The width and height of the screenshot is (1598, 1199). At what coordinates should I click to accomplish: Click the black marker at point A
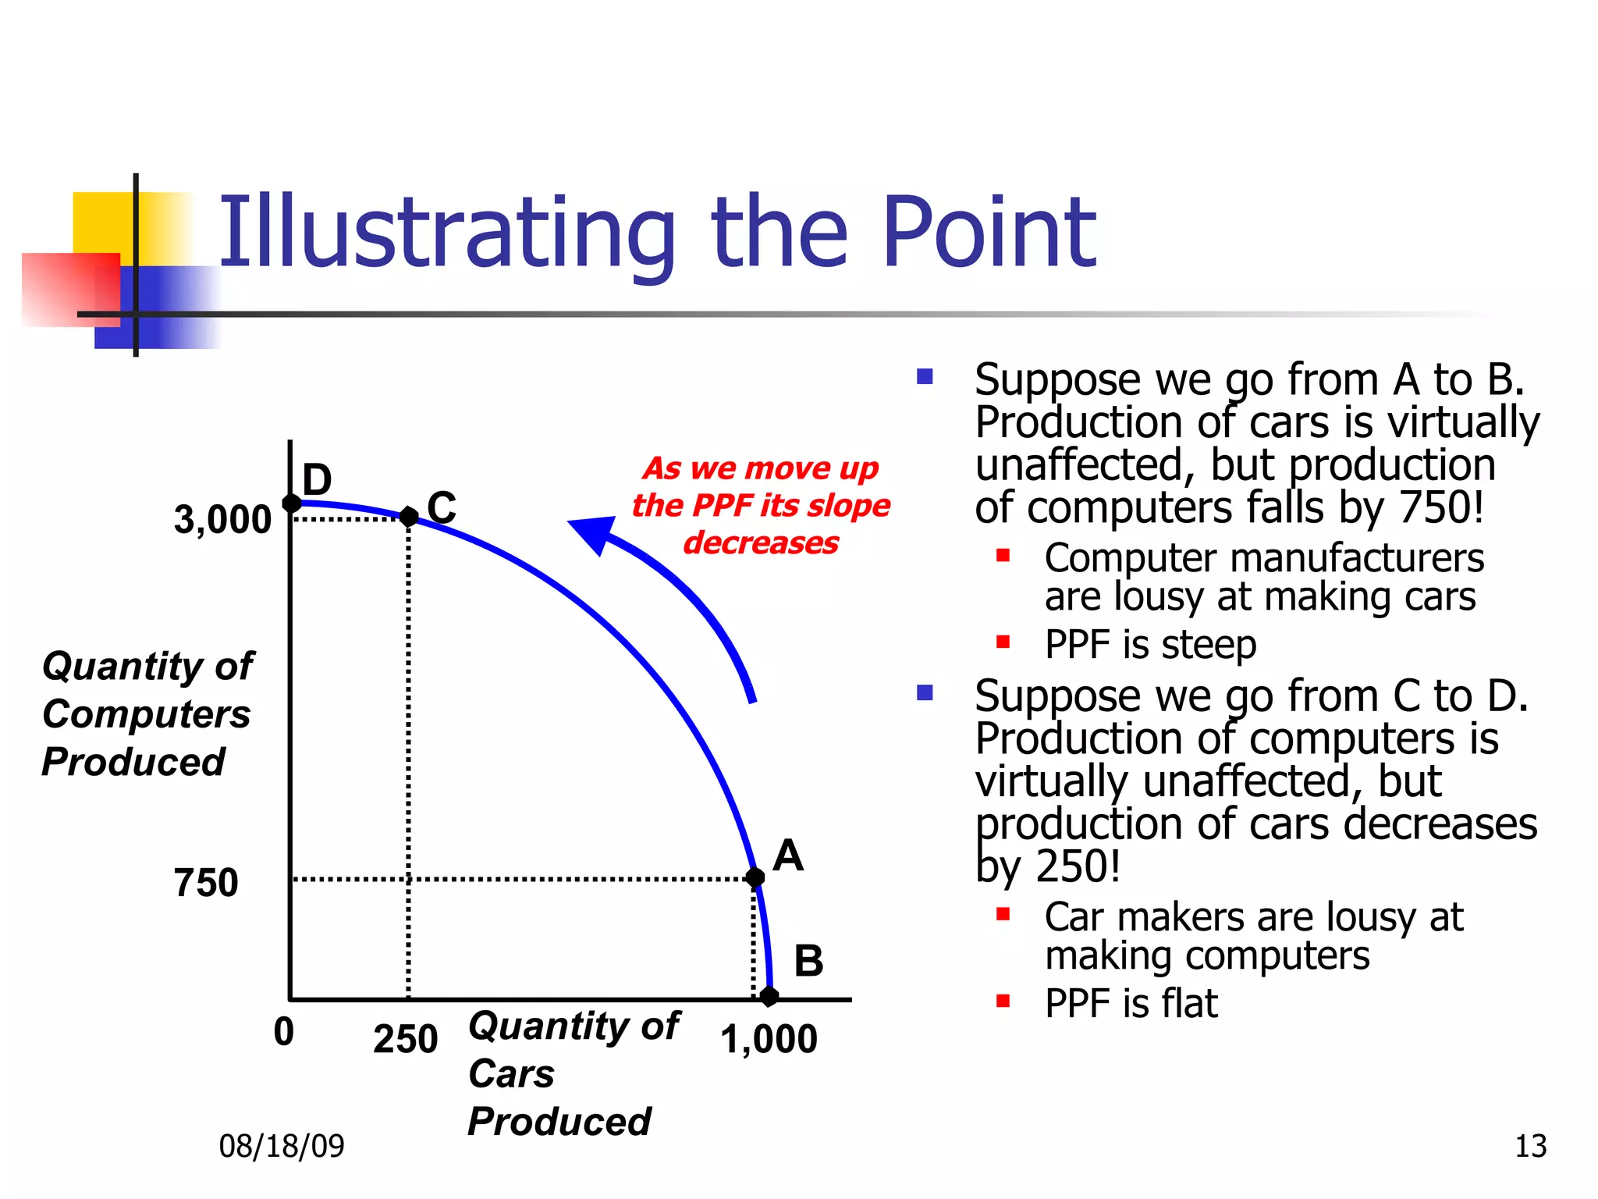755,877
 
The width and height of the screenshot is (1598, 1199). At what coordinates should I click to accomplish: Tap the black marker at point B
769,996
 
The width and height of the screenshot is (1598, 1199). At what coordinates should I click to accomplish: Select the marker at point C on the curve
408,516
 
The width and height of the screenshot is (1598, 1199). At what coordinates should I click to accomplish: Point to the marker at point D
291,503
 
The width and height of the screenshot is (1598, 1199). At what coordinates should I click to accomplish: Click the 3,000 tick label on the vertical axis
222,520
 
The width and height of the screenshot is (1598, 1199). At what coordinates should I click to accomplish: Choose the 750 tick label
205,883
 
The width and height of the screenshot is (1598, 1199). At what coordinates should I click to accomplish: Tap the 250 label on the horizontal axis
405,1039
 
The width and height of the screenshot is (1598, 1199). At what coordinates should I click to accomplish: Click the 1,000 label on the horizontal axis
769,1039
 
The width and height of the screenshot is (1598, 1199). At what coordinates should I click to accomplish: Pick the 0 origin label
284,1031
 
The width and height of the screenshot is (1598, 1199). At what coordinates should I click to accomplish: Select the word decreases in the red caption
761,543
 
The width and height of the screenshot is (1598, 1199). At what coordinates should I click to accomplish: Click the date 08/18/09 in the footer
281,1146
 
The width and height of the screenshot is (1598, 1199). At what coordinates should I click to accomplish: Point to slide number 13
1530,1146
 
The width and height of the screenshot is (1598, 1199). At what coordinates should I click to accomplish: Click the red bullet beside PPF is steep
1003,642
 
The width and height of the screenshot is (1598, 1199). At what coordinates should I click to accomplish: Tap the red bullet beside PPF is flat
1003,1001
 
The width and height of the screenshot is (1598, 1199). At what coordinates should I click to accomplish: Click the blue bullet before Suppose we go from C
925,692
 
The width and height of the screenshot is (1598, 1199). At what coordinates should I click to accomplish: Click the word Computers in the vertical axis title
146,714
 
